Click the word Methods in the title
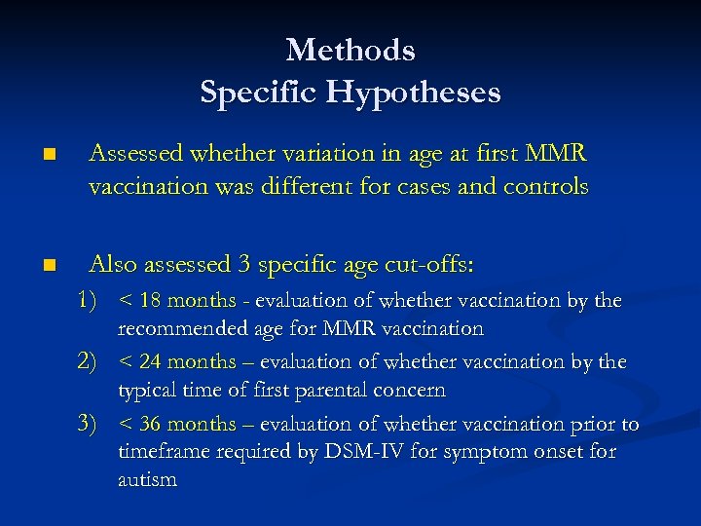coord(350,49)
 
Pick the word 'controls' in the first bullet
coord(549,186)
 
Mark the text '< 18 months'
coord(176,301)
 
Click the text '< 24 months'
coord(176,362)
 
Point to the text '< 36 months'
coord(176,425)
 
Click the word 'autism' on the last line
coord(147,480)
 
